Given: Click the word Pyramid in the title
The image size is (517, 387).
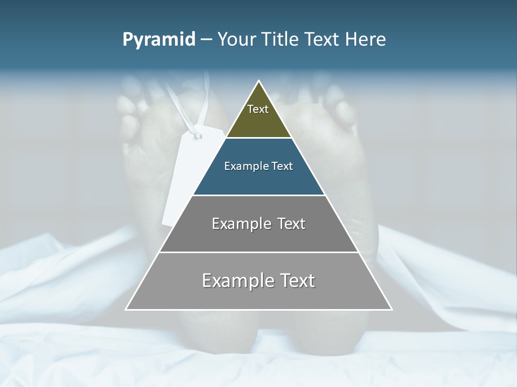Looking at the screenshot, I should coord(159,40).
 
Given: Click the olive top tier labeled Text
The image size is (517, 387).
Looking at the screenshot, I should coord(258,116).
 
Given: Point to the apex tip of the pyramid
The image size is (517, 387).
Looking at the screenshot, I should coord(259,82).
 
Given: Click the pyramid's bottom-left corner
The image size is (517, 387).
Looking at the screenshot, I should coord(127,309).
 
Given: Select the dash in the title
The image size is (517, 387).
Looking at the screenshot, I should coord(206,40).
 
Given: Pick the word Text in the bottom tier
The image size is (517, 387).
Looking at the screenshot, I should coord(297,281).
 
